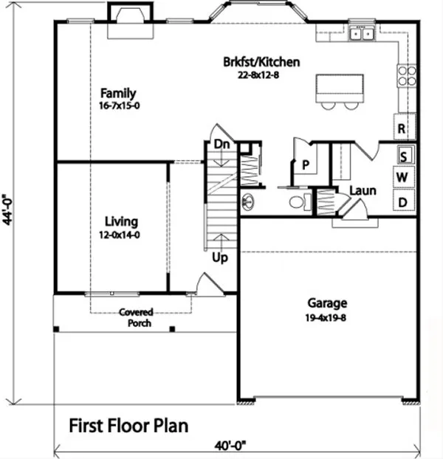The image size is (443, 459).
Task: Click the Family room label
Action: (119, 93)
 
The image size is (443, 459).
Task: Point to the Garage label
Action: (327, 303)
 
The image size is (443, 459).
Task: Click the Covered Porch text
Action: (136, 317)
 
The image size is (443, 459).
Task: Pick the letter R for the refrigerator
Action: (403, 128)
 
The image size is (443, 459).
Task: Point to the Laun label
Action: (363, 190)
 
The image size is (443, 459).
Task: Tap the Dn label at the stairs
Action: (221, 145)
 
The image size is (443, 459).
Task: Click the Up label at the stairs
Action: (220, 258)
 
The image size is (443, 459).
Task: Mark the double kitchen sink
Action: (362, 33)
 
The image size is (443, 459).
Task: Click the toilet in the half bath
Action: (296, 202)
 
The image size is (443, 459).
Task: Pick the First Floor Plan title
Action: (129, 425)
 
